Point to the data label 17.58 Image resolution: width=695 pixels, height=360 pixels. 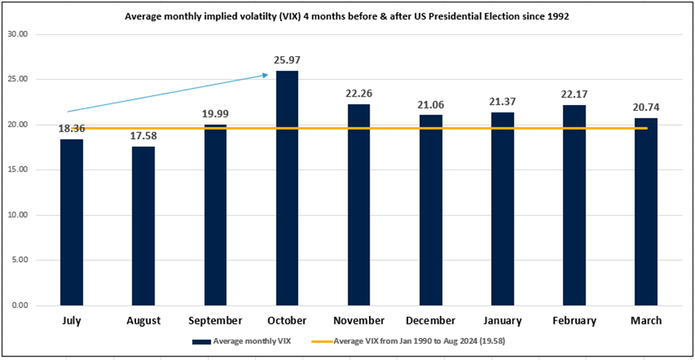pyautogui.click(x=143, y=137)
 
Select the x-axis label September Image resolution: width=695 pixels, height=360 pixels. pyautogui.click(x=215, y=321)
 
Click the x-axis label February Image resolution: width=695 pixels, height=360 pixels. pyautogui.click(x=574, y=321)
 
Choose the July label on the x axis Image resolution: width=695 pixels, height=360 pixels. pyautogui.click(x=72, y=321)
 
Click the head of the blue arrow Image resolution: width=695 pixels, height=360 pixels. pyautogui.click(x=265, y=74)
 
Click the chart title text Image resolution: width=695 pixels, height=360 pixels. pyautogui.click(x=347, y=16)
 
